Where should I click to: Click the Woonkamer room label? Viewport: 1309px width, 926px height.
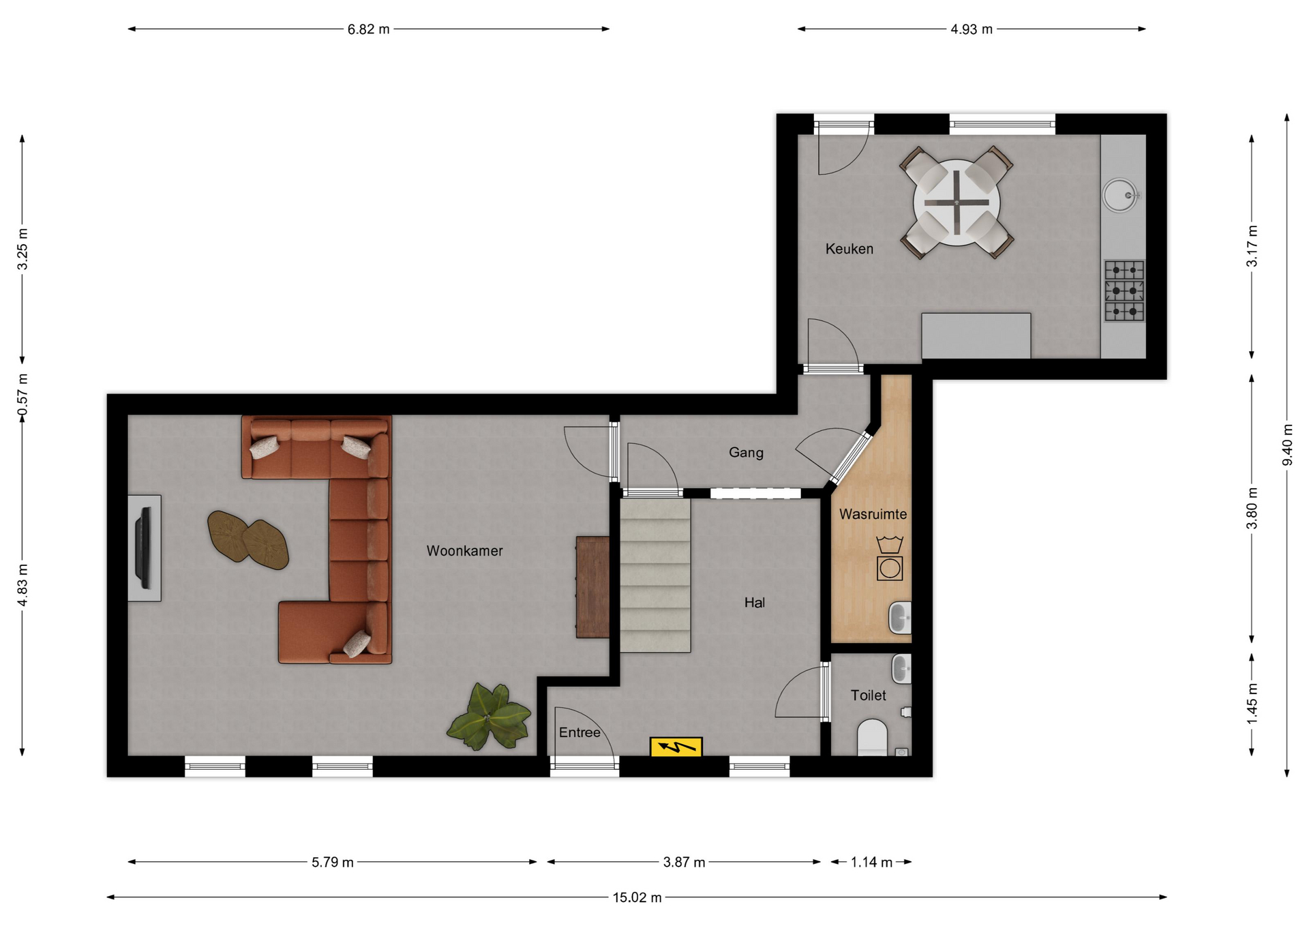click(x=464, y=551)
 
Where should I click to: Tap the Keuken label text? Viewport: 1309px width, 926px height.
click(x=849, y=249)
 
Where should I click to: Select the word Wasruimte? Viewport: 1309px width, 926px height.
click(x=873, y=514)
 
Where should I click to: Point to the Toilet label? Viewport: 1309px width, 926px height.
click(x=868, y=696)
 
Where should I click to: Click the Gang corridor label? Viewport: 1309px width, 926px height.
click(x=746, y=453)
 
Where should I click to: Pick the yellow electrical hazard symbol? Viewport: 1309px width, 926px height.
click(x=676, y=747)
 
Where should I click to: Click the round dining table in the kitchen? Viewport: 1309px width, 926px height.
click(x=957, y=203)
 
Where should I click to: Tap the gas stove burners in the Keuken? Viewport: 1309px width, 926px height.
click(x=1124, y=290)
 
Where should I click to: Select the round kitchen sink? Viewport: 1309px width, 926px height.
click(x=1119, y=195)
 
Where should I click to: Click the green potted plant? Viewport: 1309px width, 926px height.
click(x=489, y=717)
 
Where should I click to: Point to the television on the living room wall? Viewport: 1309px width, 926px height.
click(x=143, y=548)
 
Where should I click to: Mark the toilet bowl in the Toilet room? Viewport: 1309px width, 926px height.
click(x=872, y=737)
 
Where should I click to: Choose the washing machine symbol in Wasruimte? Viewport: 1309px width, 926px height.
click(x=889, y=567)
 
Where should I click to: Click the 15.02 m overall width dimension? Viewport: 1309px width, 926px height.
click(x=637, y=897)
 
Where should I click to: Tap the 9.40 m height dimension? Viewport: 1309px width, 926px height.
click(x=1287, y=445)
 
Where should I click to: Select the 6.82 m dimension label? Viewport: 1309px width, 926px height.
click(x=368, y=29)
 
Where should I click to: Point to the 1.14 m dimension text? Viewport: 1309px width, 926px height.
click(x=871, y=863)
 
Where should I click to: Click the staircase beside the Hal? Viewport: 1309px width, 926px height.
click(x=654, y=575)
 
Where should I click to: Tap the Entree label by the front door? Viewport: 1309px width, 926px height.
click(x=580, y=732)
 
